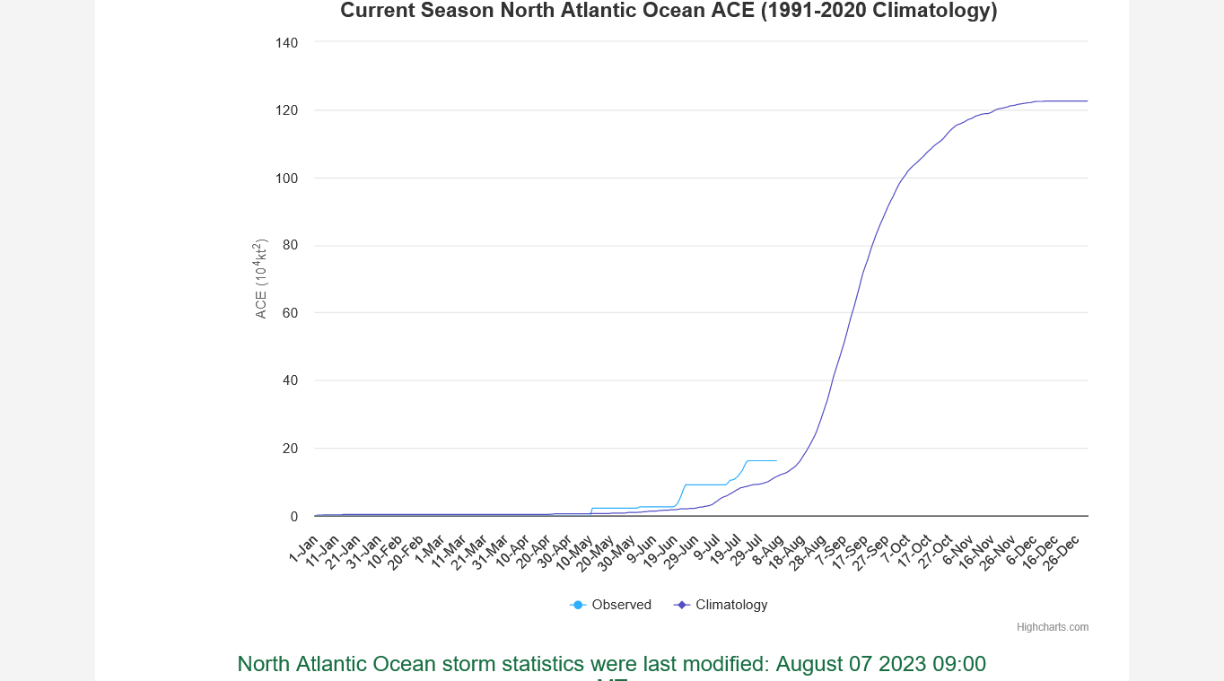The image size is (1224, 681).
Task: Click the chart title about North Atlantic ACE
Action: click(x=669, y=11)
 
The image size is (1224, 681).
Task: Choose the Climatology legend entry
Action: click(x=721, y=605)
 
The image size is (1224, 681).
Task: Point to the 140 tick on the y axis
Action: click(x=287, y=42)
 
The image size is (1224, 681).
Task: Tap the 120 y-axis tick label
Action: click(x=287, y=110)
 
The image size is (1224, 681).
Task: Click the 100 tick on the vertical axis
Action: click(x=287, y=178)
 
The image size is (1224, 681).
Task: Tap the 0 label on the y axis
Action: click(x=294, y=516)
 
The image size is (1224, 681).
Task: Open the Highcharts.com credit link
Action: click(x=1052, y=627)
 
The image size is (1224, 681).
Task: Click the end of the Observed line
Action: click(x=776, y=460)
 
